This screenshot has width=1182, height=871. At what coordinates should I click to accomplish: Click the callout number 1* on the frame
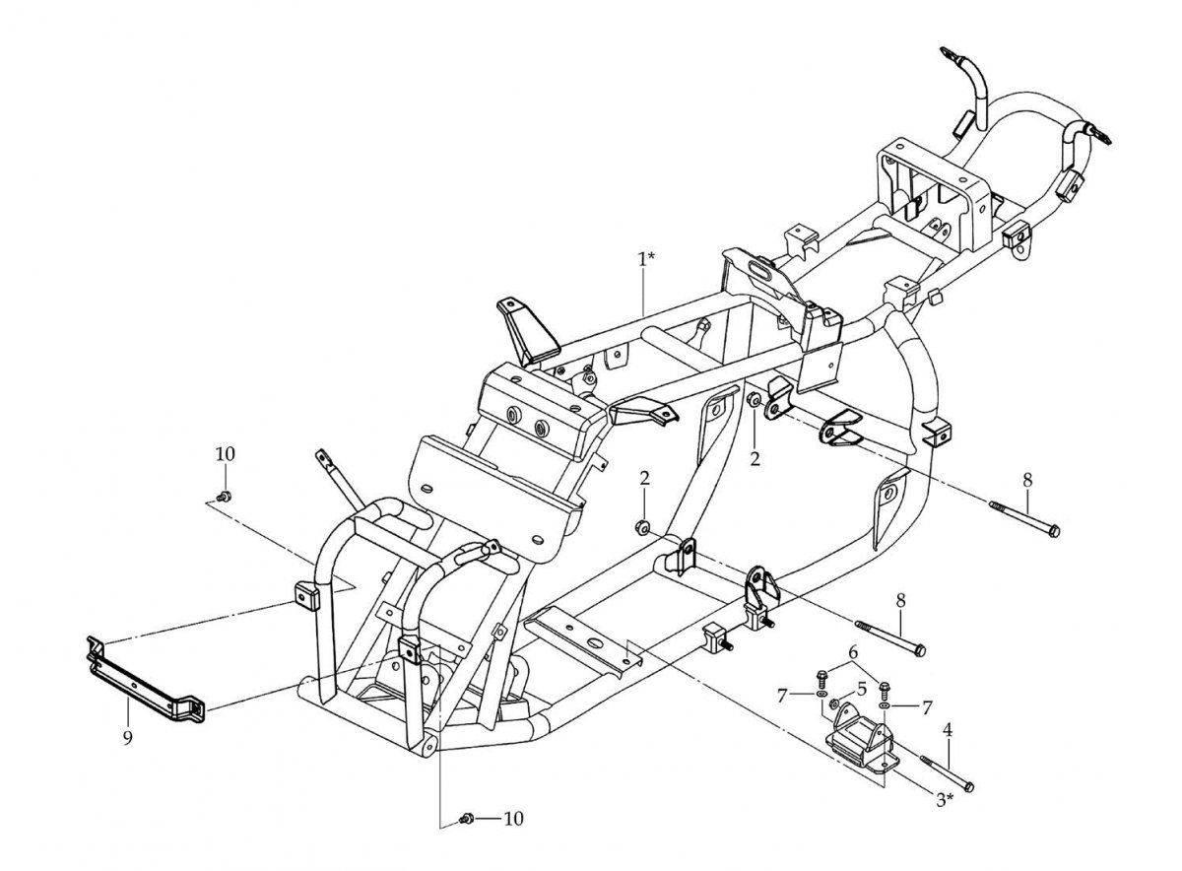point(646,259)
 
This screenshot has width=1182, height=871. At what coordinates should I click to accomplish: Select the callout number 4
point(948,730)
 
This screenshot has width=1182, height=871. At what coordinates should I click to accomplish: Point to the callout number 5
point(862,689)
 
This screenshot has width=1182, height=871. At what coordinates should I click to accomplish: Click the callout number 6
point(853,652)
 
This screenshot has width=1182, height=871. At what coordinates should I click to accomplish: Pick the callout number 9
point(128,737)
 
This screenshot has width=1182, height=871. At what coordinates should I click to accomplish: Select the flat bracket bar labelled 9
point(145,682)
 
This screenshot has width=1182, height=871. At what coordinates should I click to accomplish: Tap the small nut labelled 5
point(834,703)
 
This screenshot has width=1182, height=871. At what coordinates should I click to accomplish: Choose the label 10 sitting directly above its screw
point(226,454)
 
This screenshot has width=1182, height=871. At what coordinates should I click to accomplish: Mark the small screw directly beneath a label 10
point(225,497)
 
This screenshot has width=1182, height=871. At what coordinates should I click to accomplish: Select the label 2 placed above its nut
point(645,478)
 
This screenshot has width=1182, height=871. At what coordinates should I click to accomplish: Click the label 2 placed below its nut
point(755,459)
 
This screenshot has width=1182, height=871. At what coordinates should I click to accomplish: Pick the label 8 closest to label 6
point(900,600)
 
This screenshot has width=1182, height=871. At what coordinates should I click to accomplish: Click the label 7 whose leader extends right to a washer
point(782,696)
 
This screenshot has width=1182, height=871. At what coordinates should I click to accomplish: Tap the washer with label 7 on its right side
point(883,705)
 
